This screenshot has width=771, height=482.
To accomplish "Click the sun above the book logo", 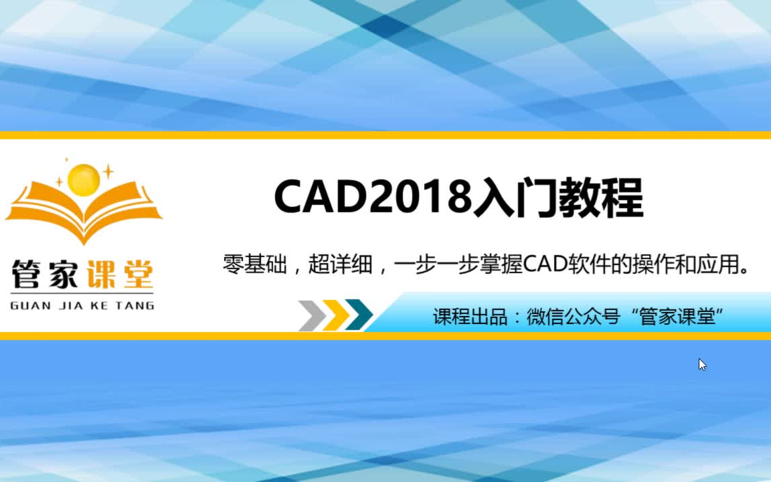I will tap(84, 179).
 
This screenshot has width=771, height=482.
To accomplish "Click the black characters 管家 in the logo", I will tap(44, 274).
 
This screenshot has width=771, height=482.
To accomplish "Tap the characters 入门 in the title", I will tap(514, 197).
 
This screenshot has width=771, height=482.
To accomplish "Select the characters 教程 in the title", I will tap(600, 197).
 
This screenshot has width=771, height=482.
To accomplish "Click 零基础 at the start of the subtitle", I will tap(255, 266).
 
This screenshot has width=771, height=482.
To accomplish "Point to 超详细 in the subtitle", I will tap(340, 266).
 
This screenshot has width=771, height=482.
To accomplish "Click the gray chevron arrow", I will tap(311, 315).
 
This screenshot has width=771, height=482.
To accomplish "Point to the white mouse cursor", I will tap(702, 364).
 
